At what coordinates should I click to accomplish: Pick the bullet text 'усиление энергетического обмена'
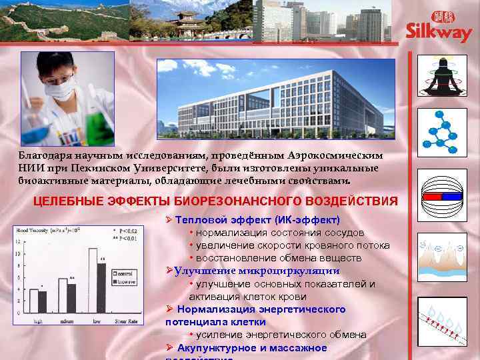pos(281,334)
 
